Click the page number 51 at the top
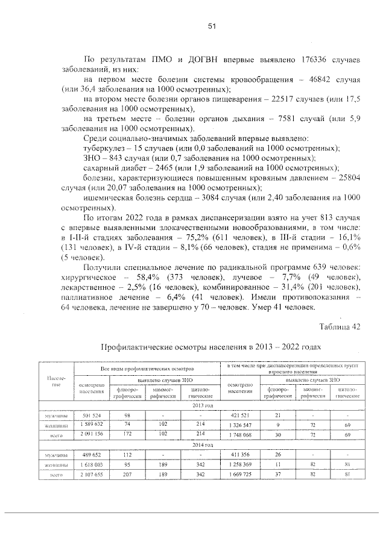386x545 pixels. [x=212, y=26]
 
